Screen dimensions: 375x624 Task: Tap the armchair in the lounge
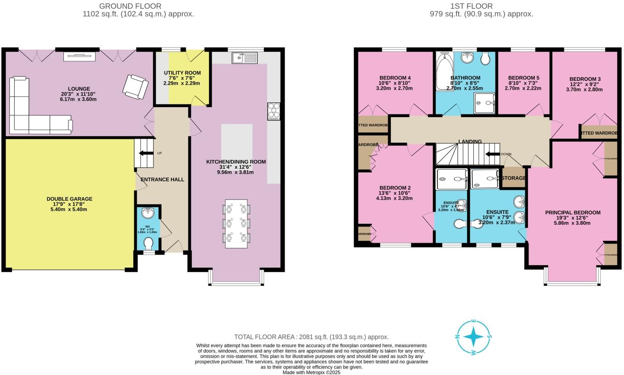pos(136,86)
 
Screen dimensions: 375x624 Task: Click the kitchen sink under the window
pos(245,58)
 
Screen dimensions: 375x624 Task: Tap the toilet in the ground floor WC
pos(148,242)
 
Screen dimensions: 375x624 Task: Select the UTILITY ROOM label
pos(183,73)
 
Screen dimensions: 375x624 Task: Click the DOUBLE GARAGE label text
pos(69,199)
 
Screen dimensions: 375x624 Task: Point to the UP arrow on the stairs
pos(146,153)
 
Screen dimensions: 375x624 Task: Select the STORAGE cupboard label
pos(513,178)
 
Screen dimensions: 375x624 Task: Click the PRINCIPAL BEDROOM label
pos(573,212)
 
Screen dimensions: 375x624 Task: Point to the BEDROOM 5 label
pos(523,77)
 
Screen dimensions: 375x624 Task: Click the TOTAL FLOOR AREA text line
pos(311,337)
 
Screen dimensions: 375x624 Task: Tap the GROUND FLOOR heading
pos(130,6)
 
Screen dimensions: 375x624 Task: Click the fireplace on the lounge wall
pos(79,57)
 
